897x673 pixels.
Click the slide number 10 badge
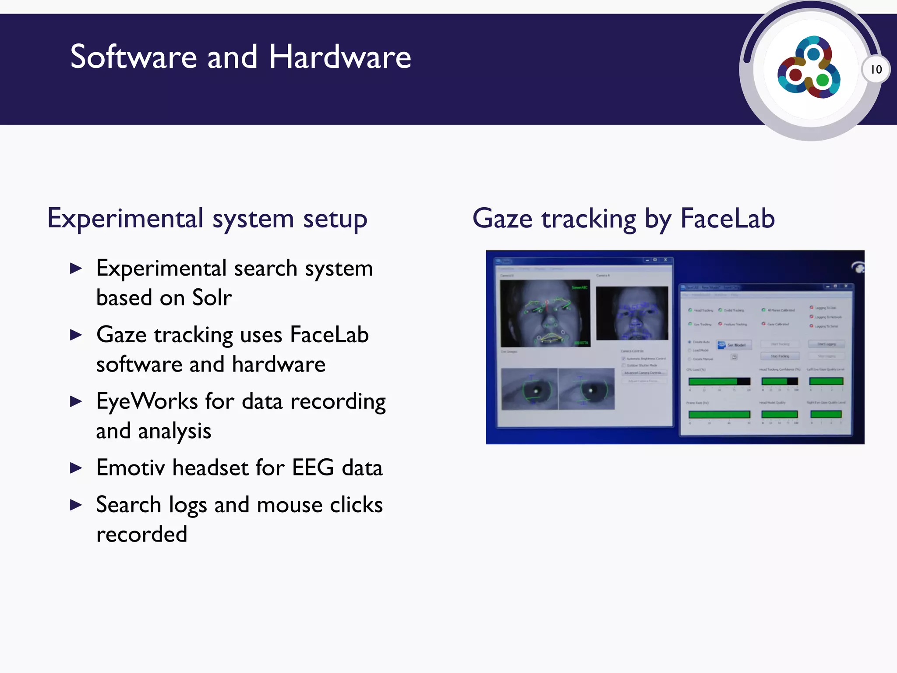coord(876,69)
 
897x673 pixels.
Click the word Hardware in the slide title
coord(340,57)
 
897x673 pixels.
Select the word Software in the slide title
coord(134,57)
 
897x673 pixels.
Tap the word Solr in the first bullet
coord(212,298)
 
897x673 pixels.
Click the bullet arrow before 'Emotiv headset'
coord(76,468)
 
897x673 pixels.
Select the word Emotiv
coord(130,468)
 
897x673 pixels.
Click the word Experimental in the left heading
coord(125,218)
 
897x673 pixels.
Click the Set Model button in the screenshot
coord(734,345)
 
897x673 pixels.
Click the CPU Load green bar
coord(719,381)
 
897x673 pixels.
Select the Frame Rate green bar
coord(719,414)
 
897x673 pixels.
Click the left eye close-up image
coord(529,389)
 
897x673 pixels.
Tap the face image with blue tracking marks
coord(632,313)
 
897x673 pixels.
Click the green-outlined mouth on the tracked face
coord(550,338)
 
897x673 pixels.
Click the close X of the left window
coord(665,260)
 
